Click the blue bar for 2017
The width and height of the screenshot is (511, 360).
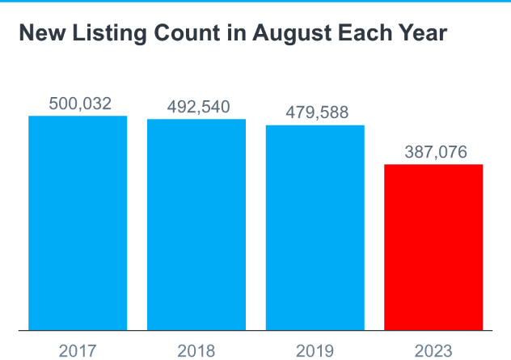point(78,222)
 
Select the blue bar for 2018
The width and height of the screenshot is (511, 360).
point(196,224)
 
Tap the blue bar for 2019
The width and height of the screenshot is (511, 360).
point(315,227)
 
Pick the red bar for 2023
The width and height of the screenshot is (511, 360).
point(433,247)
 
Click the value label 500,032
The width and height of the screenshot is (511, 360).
point(79,104)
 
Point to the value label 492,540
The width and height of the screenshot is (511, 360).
point(198,107)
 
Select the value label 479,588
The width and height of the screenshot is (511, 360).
point(317,112)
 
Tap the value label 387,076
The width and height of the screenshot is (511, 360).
point(435,152)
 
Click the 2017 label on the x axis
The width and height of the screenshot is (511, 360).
point(78,350)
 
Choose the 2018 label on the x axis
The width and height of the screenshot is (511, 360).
point(196,350)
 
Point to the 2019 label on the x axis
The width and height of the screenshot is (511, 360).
point(315,350)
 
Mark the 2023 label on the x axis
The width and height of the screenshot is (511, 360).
point(434,350)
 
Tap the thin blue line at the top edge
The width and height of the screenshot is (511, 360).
point(255,1)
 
